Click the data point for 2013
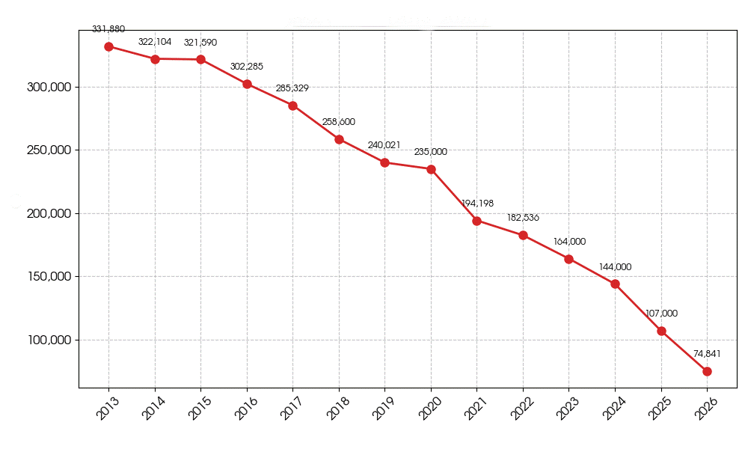tap(108, 46)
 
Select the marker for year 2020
tap(431, 169)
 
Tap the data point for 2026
tap(707, 371)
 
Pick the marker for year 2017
tap(292, 106)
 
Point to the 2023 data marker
tap(568, 259)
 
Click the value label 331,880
tap(108, 29)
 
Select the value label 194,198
tap(476, 204)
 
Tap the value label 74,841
tap(707, 354)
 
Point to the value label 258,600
tap(339, 122)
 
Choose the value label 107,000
tap(661, 314)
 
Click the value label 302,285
tap(247, 67)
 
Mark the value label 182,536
tap(523, 218)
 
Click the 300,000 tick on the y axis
tap(48, 87)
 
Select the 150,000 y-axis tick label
tap(48, 277)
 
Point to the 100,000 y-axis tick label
tap(48, 340)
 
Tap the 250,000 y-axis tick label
tap(48, 150)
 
